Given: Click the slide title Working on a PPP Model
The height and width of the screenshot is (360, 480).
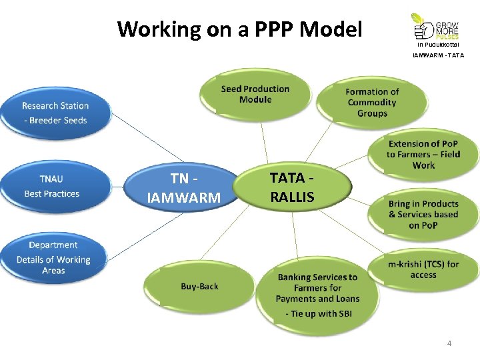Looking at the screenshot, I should [239, 29].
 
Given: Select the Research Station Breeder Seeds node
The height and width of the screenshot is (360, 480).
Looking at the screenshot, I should [55, 113].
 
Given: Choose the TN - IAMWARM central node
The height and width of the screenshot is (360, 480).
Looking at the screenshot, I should [183, 188].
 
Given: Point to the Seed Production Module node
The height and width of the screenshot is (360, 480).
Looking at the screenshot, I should [255, 95].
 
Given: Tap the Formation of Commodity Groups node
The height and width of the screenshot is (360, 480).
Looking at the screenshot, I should [372, 103].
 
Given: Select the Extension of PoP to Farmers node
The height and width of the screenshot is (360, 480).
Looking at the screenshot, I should [423, 155].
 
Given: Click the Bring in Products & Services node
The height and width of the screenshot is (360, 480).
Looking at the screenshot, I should [423, 214].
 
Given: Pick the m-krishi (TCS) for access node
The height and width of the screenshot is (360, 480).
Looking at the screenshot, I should [423, 269].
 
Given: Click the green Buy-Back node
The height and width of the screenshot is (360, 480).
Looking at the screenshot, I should [199, 287].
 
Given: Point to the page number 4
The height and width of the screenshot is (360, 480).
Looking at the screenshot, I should [449, 343].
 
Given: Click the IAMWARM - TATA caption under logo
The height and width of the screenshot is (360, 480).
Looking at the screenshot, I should [438, 55].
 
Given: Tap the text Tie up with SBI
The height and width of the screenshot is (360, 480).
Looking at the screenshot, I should [319, 313].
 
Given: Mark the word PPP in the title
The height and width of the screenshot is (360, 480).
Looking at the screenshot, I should [273, 29].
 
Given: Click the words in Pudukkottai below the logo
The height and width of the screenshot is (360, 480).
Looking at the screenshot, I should [438, 45].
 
